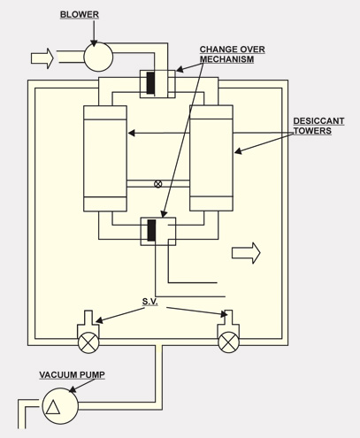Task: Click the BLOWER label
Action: [80, 14]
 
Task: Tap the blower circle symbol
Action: [98, 57]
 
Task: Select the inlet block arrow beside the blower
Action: [42, 58]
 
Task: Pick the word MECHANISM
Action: [226, 59]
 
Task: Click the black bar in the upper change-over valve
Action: [150, 83]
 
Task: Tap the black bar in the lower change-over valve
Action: [151, 230]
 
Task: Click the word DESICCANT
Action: [318, 121]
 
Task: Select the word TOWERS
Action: [312, 131]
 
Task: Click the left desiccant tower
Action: [105, 158]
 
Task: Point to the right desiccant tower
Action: [211, 158]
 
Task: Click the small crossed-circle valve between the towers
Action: [158, 184]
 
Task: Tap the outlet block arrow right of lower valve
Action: [246, 253]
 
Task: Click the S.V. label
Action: [150, 302]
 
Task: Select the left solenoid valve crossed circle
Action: [88, 342]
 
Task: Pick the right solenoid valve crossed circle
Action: [228, 342]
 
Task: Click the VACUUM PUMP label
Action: [73, 375]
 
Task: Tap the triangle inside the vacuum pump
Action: [53, 408]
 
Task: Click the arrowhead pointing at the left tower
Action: [132, 133]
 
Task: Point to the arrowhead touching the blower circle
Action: [94, 43]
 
